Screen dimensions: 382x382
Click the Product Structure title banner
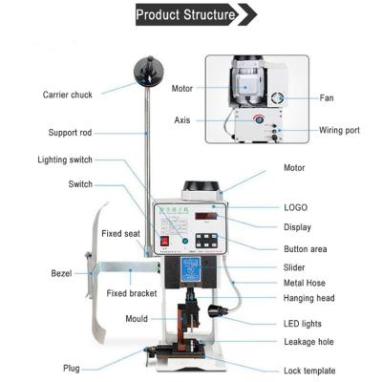coord(197,14)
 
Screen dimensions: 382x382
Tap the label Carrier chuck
coord(68,95)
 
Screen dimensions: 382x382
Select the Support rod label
coord(70,133)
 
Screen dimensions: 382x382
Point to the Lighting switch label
coord(65,159)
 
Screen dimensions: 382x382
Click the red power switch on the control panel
coord(164,241)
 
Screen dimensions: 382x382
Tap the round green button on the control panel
coord(185,241)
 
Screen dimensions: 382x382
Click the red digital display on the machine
coord(206,216)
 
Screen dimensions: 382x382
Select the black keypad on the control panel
coord(206,241)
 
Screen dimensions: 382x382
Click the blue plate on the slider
coord(190,269)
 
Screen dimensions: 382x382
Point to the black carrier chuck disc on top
coord(149,71)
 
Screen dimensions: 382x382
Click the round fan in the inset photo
coord(277,98)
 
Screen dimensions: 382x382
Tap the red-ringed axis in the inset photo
coord(258,119)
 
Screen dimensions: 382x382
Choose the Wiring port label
coord(339,130)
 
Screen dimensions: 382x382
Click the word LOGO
coord(296,207)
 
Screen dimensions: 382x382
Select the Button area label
coord(306,249)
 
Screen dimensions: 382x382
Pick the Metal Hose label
coord(305,283)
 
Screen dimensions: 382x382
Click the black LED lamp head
coord(216,311)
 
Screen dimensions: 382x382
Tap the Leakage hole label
coord(308,342)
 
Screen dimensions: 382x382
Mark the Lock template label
coord(309,371)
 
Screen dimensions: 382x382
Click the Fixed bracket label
coord(132,293)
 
